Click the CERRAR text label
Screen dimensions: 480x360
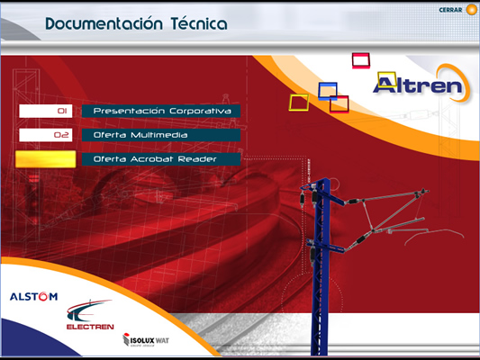[450, 10]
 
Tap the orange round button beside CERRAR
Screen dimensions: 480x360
[471, 10]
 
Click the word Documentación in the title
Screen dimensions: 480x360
[104, 24]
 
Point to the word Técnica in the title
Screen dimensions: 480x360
[199, 23]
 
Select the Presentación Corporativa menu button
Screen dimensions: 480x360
[161, 111]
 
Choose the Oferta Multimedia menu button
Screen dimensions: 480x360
[161, 135]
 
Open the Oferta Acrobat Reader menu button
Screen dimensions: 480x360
[161, 159]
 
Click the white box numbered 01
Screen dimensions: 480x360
[46, 111]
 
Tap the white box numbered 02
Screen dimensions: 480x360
[46, 135]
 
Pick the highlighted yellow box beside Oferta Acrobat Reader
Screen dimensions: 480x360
[46, 159]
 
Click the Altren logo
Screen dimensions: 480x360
[421, 84]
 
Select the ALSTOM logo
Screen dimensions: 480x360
[33, 296]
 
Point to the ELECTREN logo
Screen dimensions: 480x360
[90, 314]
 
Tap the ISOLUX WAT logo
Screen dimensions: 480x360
[146, 340]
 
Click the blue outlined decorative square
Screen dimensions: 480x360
[320, 91]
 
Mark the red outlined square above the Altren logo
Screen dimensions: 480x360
[353, 60]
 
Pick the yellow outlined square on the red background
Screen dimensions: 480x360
[290, 103]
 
